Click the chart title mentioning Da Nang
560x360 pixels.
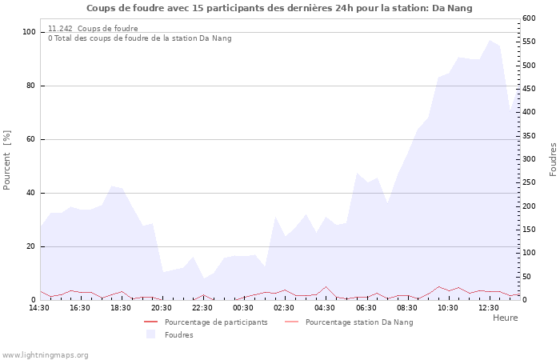pyautogui.click(x=279, y=8)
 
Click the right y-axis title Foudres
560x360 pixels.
pyautogui.click(x=553, y=159)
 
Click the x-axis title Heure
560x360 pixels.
pyautogui.click(x=505, y=318)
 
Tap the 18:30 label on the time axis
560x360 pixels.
pyautogui.click(x=121, y=307)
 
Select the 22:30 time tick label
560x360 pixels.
pyautogui.click(x=203, y=307)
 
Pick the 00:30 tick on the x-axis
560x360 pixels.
pyautogui.click(x=244, y=307)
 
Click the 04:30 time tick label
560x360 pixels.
pyautogui.click(x=326, y=307)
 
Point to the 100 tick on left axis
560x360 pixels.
pyautogui.click(x=30, y=32)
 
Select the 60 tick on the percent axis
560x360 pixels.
pyautogui.click(x=31, y=139)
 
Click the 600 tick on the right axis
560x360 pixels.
pyautogui.click(x=529, y=18)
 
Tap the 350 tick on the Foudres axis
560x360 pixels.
pyautogui.click(x=529, y=136)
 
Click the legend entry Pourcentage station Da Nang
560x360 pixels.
pyautogui.click(x=359, y=322)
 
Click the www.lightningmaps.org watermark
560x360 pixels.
pyautogui.click(x=45, y=355)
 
